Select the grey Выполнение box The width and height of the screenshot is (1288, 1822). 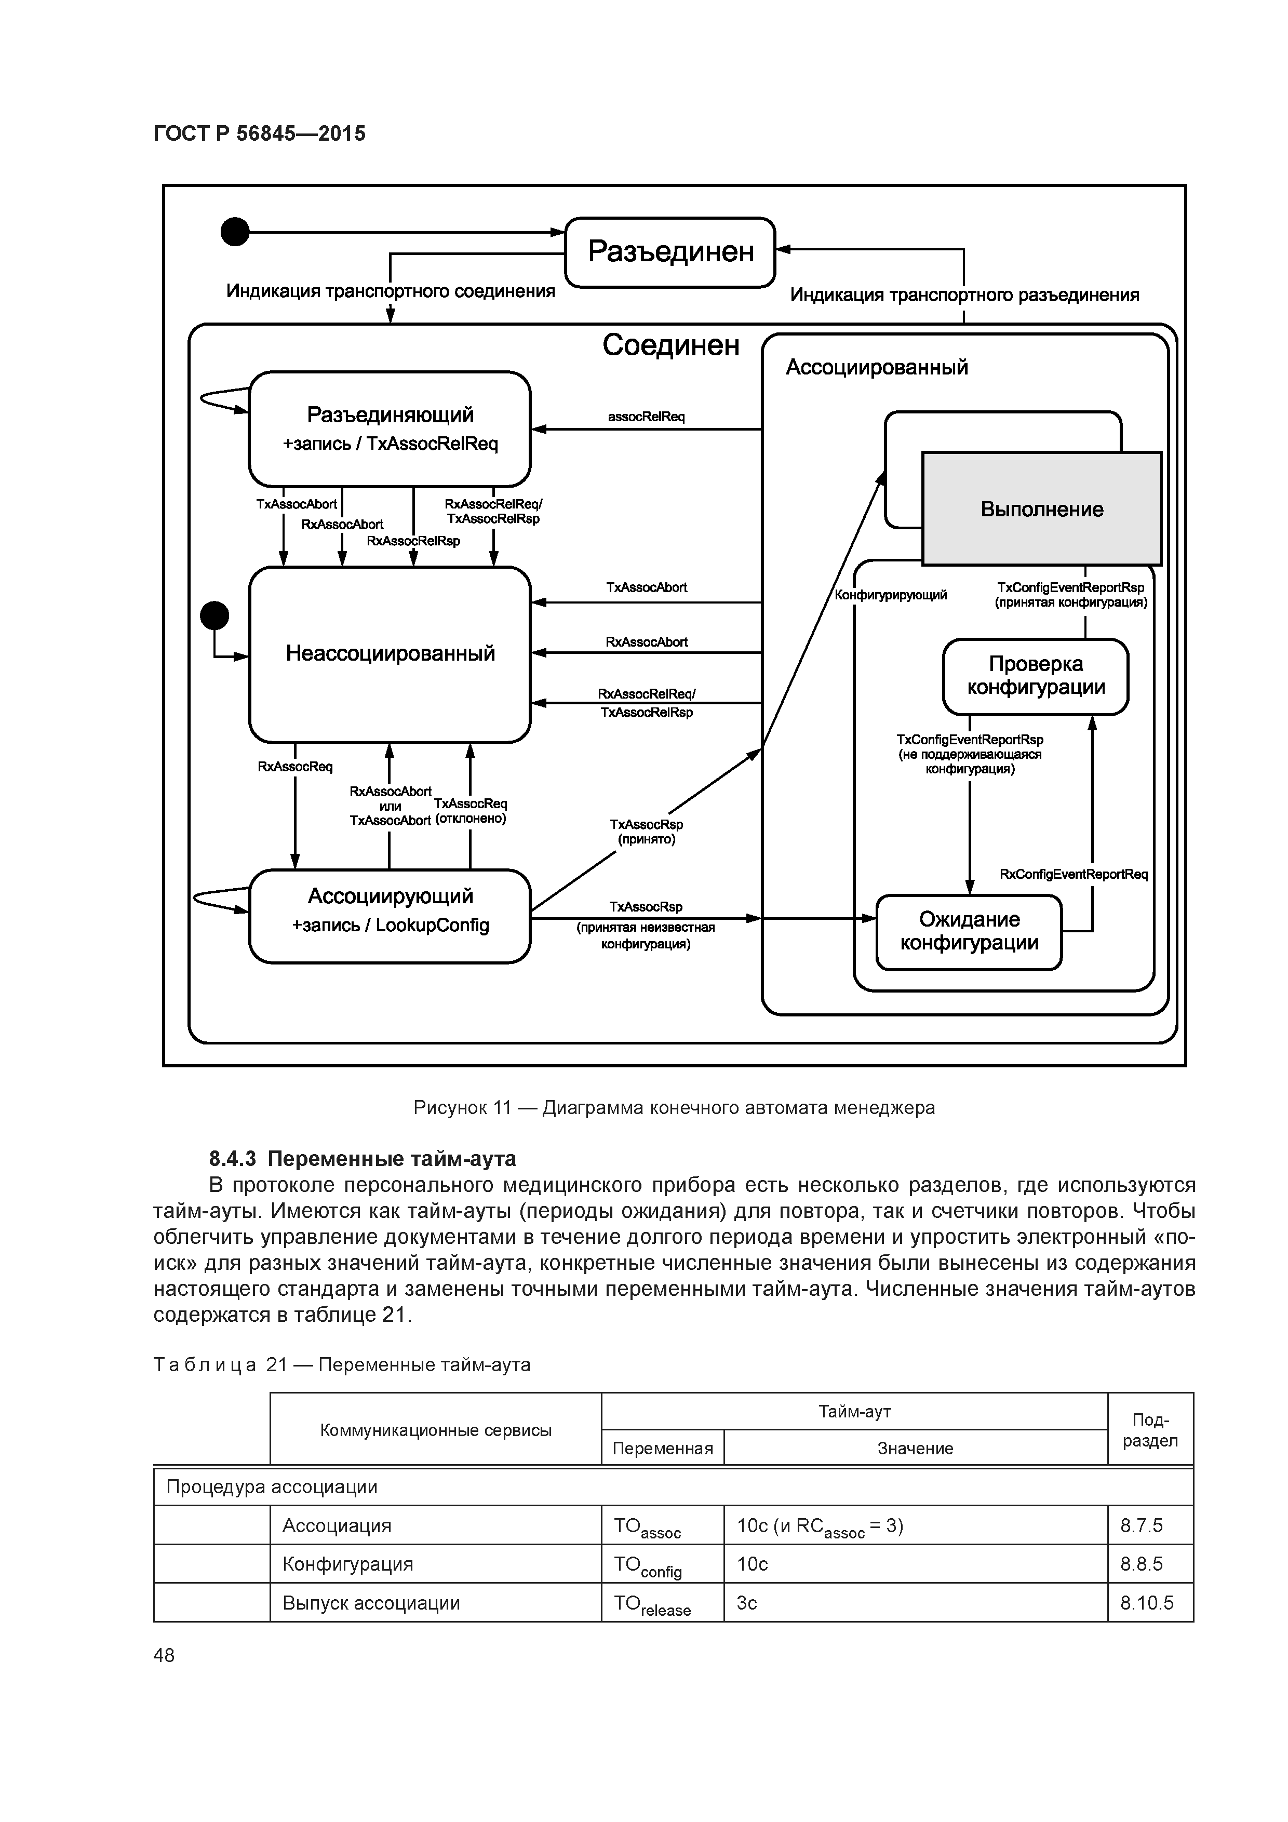[x=1041, y=508]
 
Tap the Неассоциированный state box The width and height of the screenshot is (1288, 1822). [x=390, y=654]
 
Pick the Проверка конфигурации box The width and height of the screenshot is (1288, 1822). [x=1036, y=676]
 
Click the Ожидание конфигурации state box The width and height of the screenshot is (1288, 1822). [x=969, y=932]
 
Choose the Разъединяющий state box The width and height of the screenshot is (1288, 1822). [x=390, y=428]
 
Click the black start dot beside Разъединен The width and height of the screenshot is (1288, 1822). [x=235, y=233]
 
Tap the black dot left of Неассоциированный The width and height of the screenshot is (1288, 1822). [x=214, y=615]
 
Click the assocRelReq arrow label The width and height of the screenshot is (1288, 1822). [x=646, y=417]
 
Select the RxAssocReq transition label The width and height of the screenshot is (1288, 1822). [x=295, y=767]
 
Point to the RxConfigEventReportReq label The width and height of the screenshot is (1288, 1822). [x=1073, y=875]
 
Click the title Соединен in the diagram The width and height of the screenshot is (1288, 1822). [x=670, y=345]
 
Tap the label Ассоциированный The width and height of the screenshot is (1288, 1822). [x=876, y=367]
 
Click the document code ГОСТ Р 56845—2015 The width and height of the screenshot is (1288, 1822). [x=260, y=134]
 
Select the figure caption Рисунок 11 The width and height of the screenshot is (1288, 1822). [x=674, y=1107]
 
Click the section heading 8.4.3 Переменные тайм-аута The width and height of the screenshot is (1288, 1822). [x=363, y=1159]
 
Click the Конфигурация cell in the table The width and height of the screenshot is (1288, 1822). [x=347, y=1564]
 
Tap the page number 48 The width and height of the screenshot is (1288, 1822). [x=164, y=1655]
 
